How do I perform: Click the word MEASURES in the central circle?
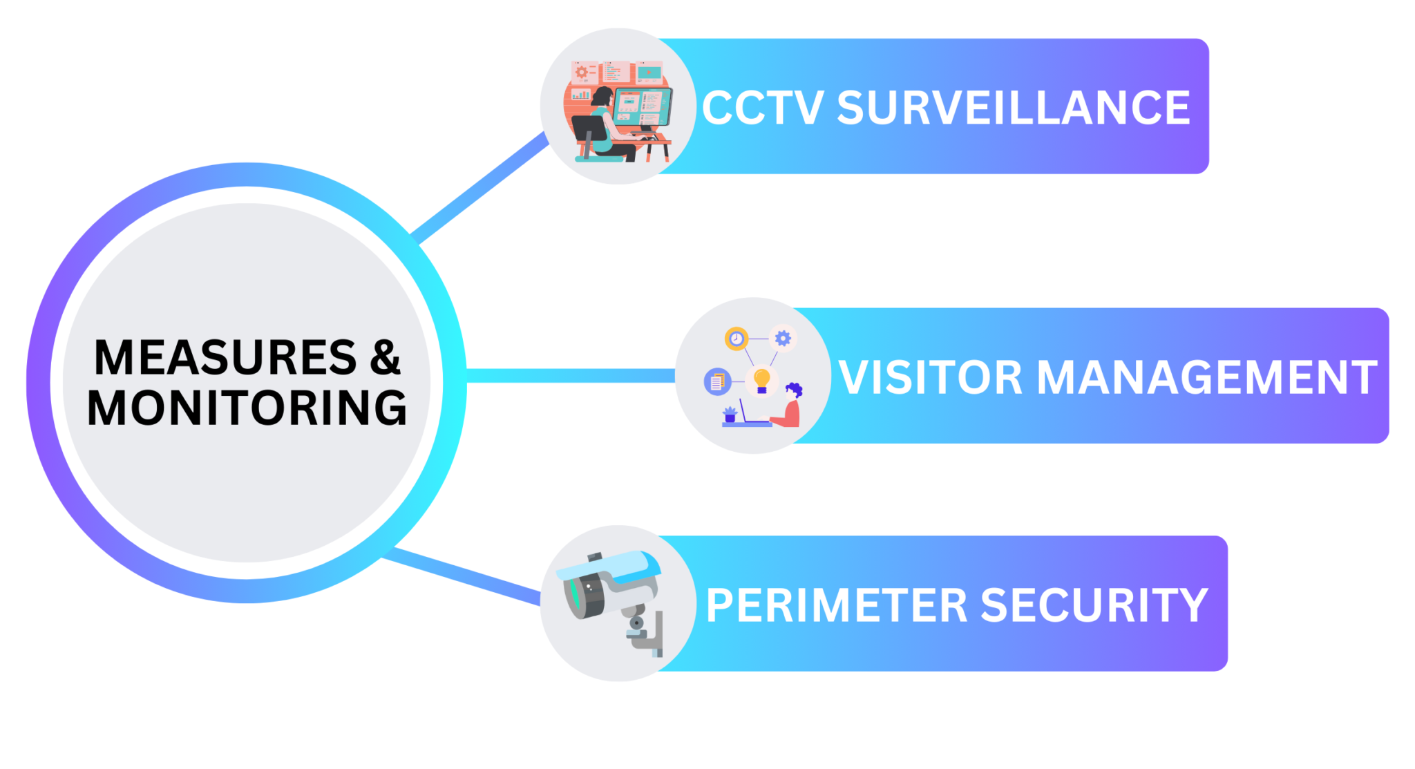[x=225, y=358]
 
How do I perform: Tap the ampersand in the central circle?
[x=385, y=358]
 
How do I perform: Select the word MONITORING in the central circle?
[x=247, y=408]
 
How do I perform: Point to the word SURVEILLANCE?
[x=1014, y=108]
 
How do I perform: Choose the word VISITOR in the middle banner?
[x=930, y=378]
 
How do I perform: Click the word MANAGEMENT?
[x=1207, y=378]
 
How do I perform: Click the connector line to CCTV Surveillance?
[x=480, y=187]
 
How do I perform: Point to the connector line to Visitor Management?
[x=570, y=376]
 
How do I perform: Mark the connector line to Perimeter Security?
[x=462, y=576]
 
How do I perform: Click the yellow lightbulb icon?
[x=761, y=379]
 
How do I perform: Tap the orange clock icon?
[x=737, y=339]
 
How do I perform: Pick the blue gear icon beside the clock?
[x=783, y=338]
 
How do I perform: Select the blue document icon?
[x=717, y=381]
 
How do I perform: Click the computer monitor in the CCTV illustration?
[x=642, y=106]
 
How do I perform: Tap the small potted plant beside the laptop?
[x=730, y=415]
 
